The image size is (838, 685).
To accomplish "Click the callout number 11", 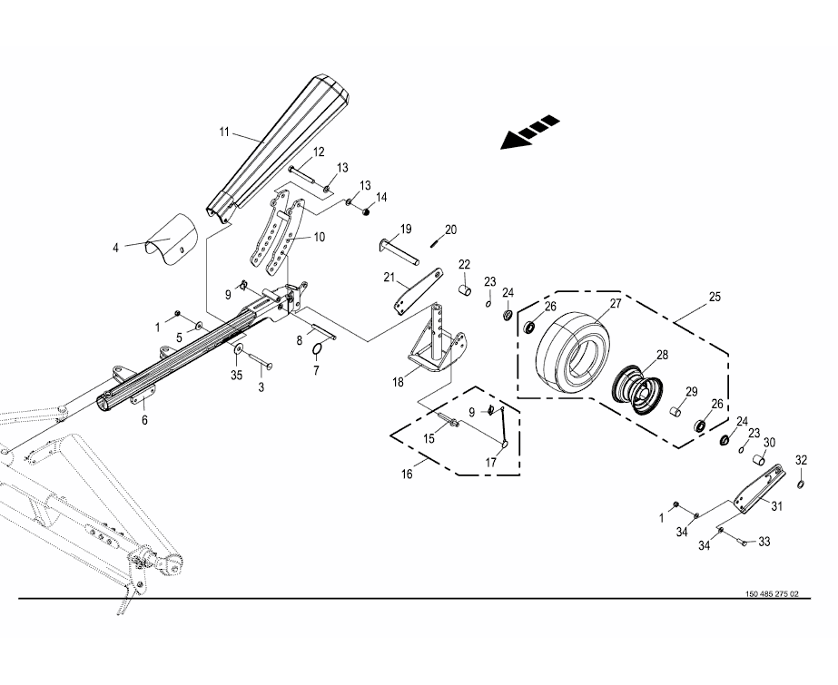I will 224,132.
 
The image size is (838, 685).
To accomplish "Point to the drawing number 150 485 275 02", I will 771,593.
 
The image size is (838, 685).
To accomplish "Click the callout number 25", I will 715,297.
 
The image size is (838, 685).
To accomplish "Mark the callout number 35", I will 237,372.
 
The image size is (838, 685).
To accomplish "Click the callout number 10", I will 320,237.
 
